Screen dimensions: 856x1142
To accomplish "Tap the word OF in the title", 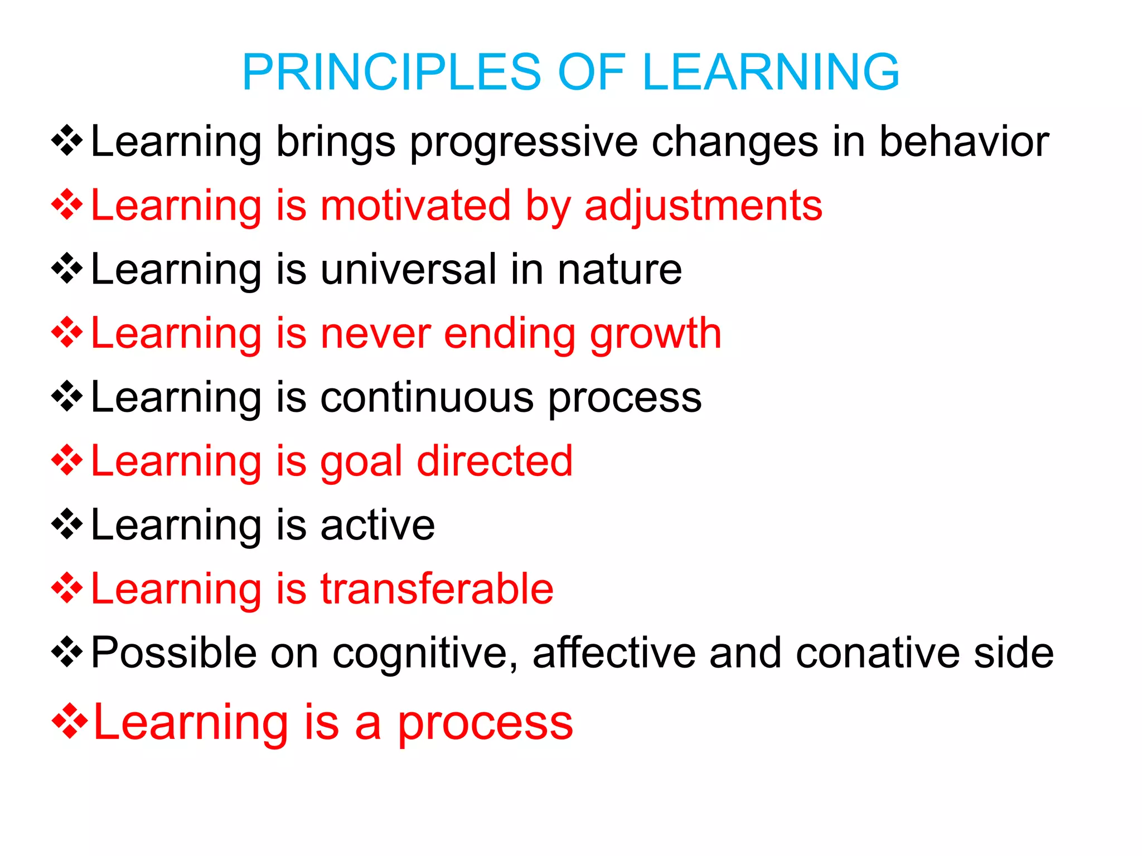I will click(x=592, y=72).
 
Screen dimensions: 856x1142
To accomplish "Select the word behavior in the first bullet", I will click(x=964, y=142).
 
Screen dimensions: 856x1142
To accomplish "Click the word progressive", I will click(x=524, y=143).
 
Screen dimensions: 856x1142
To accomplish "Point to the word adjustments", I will click(x=703, y=206).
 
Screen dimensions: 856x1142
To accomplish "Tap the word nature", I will click(x=620, y=270).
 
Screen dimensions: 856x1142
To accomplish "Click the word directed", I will click(x=495, y=461).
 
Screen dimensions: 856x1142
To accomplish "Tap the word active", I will click(x=378, y=525).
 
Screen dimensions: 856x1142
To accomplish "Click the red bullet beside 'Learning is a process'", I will click(x=69, y=722).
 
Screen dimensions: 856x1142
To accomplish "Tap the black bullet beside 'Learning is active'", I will click(x=67, y=524).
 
